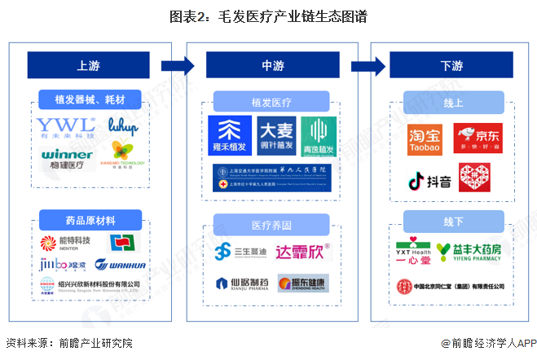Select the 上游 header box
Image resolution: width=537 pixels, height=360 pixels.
[89, 66]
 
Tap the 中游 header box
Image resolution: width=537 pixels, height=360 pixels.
[269, 66]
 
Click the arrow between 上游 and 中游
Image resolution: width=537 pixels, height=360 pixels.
[178, 66]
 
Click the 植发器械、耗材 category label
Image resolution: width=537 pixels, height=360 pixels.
[89, 101]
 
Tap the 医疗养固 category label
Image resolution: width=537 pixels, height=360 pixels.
[271, 224]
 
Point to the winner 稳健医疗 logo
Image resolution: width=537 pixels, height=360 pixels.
[64, 157]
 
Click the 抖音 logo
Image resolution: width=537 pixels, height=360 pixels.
[429, 179]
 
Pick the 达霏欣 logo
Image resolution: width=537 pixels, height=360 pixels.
[302, 252]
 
